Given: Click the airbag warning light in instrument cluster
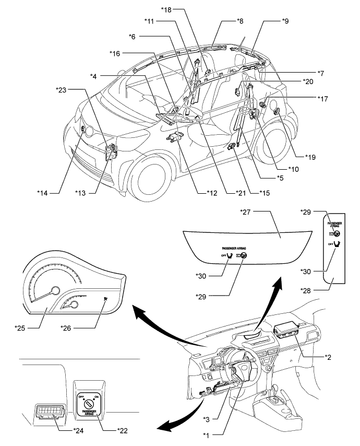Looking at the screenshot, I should pyautogui.click(x=106, y=298).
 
